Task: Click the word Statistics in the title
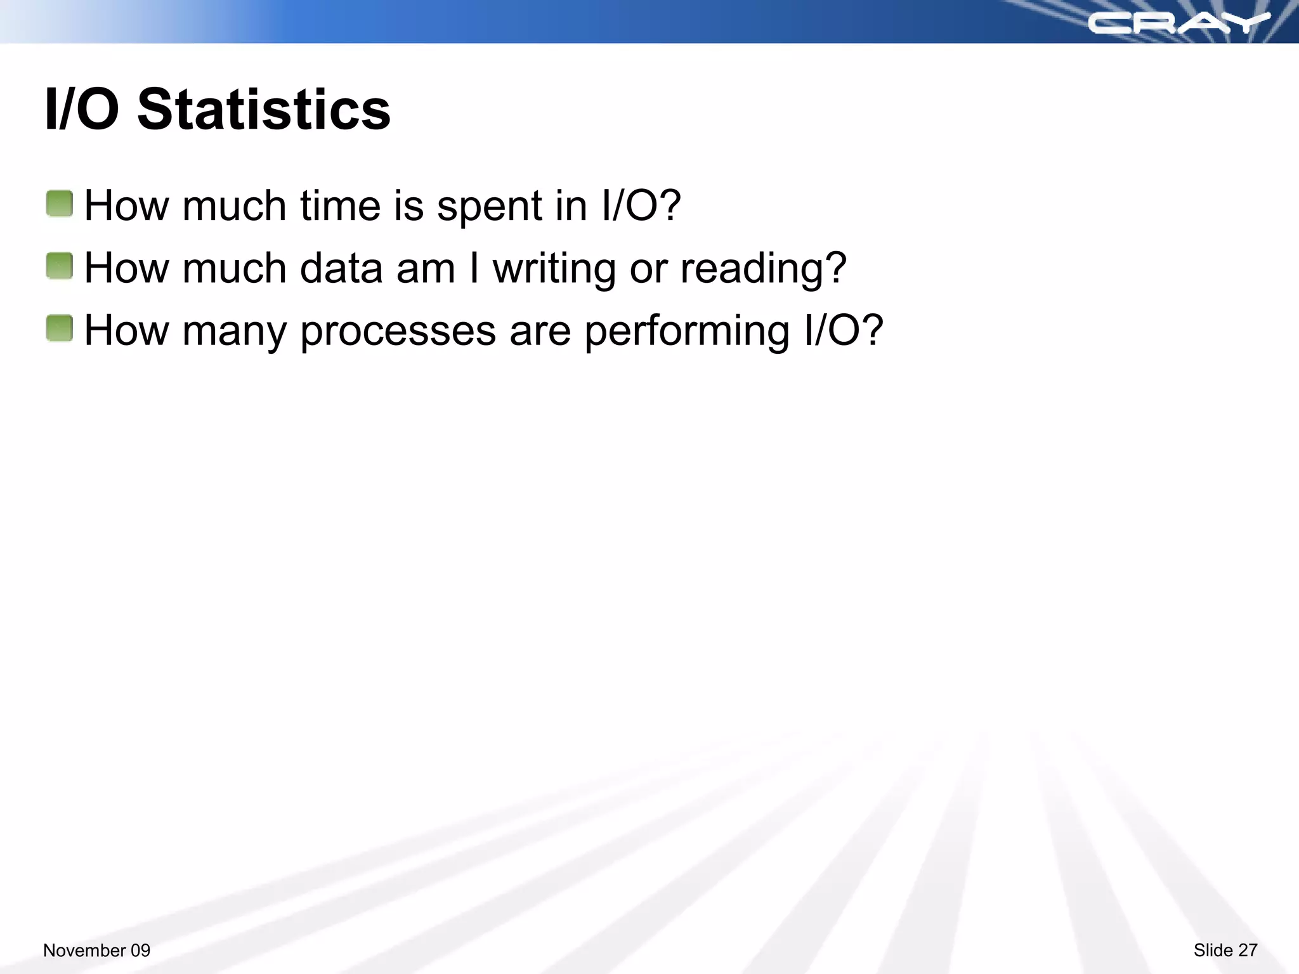263,109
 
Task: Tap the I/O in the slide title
81,109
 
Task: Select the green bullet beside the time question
60,204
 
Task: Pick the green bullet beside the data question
60,266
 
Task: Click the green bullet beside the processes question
60,328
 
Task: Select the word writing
554,269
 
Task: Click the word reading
763,269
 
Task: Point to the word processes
398,331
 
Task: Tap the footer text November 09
96,950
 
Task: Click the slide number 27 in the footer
1247,950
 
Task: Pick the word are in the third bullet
540,331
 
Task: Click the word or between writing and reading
648,269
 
